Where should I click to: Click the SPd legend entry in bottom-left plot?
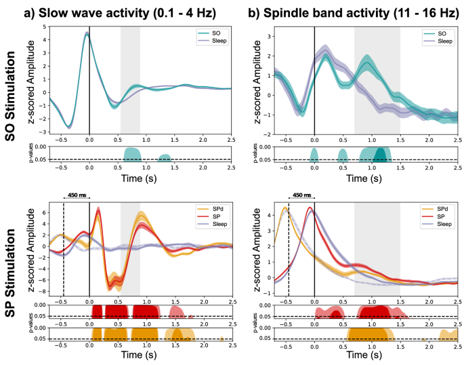[x=217, y=206]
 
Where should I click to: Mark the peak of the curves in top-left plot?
[x=87, y=33]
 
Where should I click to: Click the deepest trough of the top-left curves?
[x=69, y=127]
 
